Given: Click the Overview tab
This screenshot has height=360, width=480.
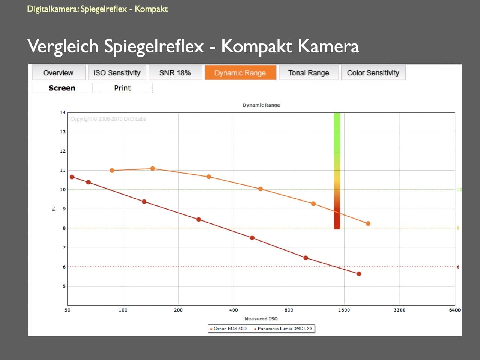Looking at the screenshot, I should pos(58,72).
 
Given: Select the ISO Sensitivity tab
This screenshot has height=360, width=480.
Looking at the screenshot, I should pos(117,72).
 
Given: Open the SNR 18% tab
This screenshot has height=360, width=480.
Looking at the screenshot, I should pos(175,72).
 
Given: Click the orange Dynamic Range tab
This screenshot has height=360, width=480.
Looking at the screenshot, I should pos(240,72).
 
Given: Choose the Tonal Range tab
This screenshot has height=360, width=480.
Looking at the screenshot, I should pos(309,72).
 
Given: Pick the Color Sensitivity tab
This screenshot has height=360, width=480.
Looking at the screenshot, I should pos(373,72).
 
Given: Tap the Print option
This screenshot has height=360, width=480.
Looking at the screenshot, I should pos(122,88).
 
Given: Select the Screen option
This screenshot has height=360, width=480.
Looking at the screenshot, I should pos(62,88).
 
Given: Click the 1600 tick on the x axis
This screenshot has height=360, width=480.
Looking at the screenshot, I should pos(344,310).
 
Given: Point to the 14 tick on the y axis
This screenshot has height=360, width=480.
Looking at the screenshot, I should pos(63,112).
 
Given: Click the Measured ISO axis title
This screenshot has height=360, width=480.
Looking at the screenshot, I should pos(261,319).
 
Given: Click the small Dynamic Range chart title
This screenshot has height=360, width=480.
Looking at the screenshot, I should pos(261,105).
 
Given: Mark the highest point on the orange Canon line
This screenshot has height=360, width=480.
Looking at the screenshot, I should pos(153,169).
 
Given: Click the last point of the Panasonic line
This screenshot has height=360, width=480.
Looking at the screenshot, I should pos(359,274).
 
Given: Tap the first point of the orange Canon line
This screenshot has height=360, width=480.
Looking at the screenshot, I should pos(112,171).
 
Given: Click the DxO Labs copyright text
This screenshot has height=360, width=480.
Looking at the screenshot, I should pos(108,119).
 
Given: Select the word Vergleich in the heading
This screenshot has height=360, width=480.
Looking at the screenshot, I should pos(63,46).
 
